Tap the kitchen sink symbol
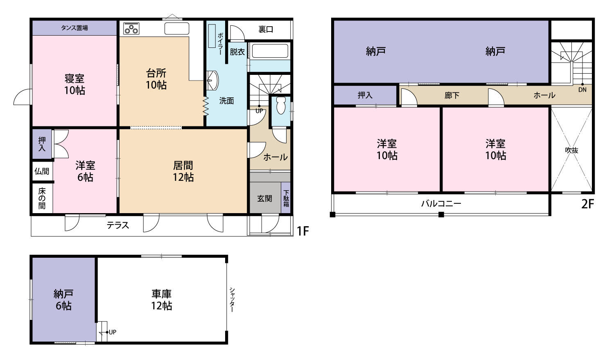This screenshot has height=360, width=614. (177, 29)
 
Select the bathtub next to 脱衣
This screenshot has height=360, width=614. (270, 51)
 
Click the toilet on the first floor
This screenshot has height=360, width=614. (281, 106)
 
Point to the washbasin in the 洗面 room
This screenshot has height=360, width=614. (213, 80)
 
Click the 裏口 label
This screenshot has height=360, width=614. (266, 29)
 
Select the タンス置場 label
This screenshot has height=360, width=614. (74, 28)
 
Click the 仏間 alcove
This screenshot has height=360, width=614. (42, 171)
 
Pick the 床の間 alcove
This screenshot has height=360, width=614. (42, 198)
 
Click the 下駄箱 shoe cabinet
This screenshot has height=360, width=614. (286, 198)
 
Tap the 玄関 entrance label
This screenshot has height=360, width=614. (264, 198)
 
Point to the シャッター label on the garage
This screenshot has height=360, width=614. (232, 300)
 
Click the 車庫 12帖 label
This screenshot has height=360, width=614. (162, 299)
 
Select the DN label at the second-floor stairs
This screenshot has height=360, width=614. (582, 90)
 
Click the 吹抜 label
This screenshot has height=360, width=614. (571, 150)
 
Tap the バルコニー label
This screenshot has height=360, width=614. (441, 203)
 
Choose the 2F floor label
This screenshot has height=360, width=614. (587, 204)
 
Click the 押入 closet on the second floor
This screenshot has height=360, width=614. (365, 95)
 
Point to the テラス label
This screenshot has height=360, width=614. (118, 225)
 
